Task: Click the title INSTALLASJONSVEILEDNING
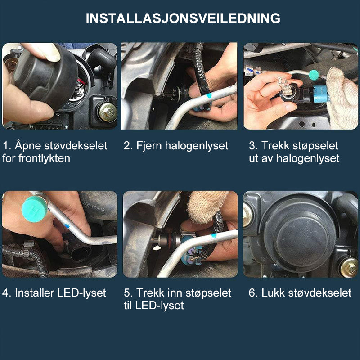click(183, 18)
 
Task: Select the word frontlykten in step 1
click(44, 158)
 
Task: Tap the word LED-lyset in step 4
click(81, 293)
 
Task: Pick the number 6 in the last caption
click(252, 293)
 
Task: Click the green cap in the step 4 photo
click(35, 209)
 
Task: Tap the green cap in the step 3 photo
click(314, 75)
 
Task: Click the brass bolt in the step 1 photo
click(108, 112)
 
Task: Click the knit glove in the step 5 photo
click(207, 206)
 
